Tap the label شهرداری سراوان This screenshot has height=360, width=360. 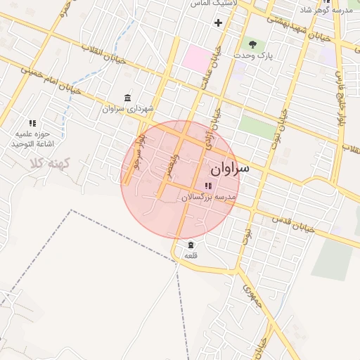[127, 109]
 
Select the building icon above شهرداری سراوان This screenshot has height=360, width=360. [127, 97]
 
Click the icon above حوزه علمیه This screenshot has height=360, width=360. [32, 123]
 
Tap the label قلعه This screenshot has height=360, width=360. [191, 256]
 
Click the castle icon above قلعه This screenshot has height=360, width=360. [191, 244]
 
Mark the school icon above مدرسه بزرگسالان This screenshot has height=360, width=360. [207, 186]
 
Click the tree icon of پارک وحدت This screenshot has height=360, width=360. [252, 44]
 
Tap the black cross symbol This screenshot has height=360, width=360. [218, 22]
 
